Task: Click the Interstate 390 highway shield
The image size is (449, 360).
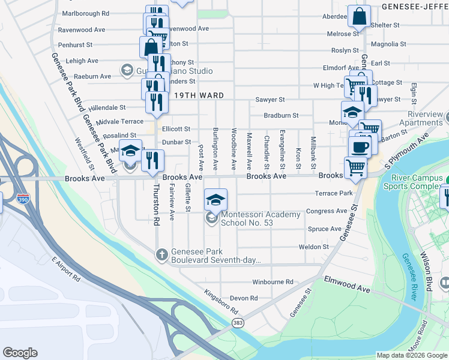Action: [22, 199]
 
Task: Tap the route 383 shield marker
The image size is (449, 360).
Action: [238, 323]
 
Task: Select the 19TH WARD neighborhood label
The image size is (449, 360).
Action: [199, 95]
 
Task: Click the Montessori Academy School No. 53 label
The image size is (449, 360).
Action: [261, 218]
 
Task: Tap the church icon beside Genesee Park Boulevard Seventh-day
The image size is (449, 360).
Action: [161, 255]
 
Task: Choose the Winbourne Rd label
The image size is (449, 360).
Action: [273, 281]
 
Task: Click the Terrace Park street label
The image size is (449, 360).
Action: [333, 193]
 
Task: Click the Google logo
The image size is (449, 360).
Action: [20, 353]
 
